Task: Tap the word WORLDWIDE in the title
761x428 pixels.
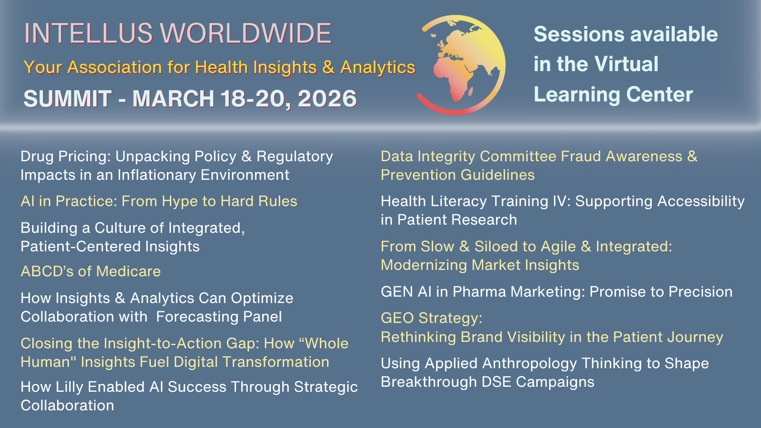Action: click(x=246, y=34)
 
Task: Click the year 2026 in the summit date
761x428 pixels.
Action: click(x=327, y=99)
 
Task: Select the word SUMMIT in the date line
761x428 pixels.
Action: click(x=67, y=99)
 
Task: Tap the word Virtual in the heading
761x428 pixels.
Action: click(x=626, y=64)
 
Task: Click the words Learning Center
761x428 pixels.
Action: click(x=613, y=95)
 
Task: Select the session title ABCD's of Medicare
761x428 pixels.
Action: click(x=91, y=271)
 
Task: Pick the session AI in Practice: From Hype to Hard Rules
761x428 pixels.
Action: click(x=159, y=201)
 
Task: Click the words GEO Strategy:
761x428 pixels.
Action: click(x=431, y=318)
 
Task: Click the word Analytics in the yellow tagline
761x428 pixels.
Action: click(x=378, y=67)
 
